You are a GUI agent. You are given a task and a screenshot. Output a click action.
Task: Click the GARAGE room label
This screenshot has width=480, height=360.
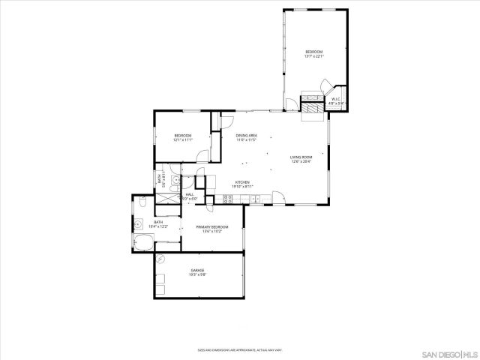198,272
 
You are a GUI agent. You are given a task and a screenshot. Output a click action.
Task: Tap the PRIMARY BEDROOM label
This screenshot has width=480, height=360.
212,229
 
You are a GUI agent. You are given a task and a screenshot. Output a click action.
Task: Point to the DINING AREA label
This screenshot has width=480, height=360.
247,137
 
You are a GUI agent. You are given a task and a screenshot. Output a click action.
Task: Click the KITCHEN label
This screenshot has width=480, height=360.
242,184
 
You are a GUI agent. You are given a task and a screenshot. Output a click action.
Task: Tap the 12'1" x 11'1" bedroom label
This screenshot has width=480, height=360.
183,137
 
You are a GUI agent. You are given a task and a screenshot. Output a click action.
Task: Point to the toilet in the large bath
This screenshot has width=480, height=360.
142,201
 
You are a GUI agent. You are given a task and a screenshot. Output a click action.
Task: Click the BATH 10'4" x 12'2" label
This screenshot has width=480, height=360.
159,223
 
